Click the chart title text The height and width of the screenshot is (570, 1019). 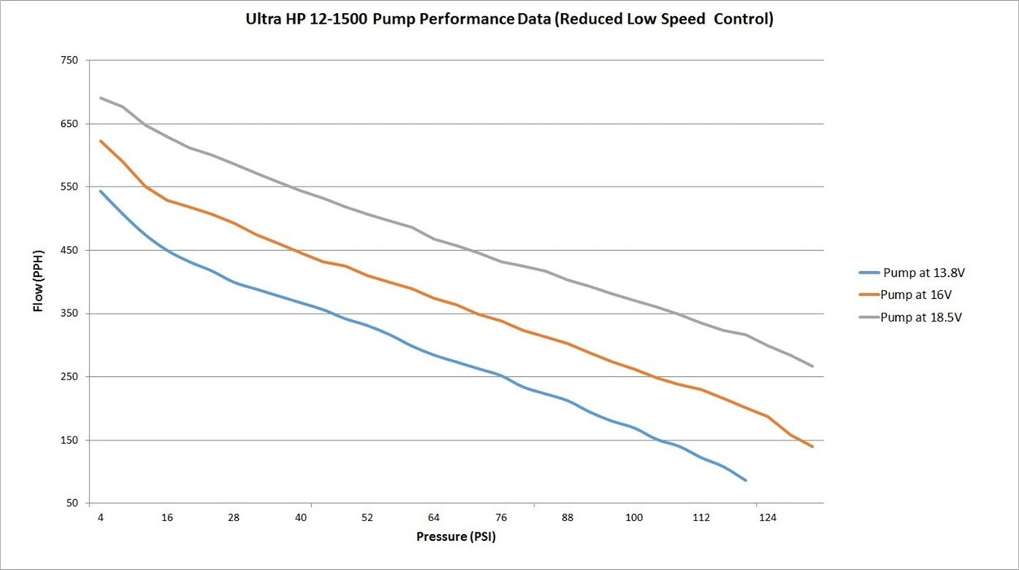pyautogui.click(x=510, y=19)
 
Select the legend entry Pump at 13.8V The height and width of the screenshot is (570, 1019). pyautogui.click(x=912, y=273)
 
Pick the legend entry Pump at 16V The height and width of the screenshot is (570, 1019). pyautogui.click(x=905, y=294)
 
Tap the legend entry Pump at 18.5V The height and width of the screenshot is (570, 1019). pyautogui.click(x=911, y=317)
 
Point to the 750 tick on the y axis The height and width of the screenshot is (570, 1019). pyautogui.click(x=69, y=60)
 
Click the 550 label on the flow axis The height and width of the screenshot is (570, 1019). pyautogui.click(x=69, y=186)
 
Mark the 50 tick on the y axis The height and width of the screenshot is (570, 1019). pyautogui.click(x=72, y=503)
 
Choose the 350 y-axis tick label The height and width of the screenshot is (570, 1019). pyautogui.click(x=69, y=313)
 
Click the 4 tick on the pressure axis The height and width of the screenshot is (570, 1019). pyautogui.click(x=100, y=518)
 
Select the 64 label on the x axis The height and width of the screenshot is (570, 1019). pyautogui.click(x=434, y=518)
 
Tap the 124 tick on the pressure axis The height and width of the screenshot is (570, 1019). pyautogui.click(x=768, y=518)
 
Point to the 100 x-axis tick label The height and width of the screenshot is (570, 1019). pyautogui.click(x=635, y=518)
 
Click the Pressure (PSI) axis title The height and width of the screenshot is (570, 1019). pyautogui.click(x=456, y=537)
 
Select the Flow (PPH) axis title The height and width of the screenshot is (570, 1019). pyautogui.click(x=38, y=281)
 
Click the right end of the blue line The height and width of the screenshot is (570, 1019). pyautogui.click(x=745, y=480)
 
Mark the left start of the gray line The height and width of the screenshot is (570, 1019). pyautogui.click(x=100, y=98)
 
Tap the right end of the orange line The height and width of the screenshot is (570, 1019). pyautogui.click(x=812, y=447)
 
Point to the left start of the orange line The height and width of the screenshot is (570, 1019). pyautogui.click(x=100, y=141)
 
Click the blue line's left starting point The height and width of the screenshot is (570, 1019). pyautogui.click(x=100, y=191)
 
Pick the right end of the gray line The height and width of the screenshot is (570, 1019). pyautogui.click(x=812, y=366)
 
